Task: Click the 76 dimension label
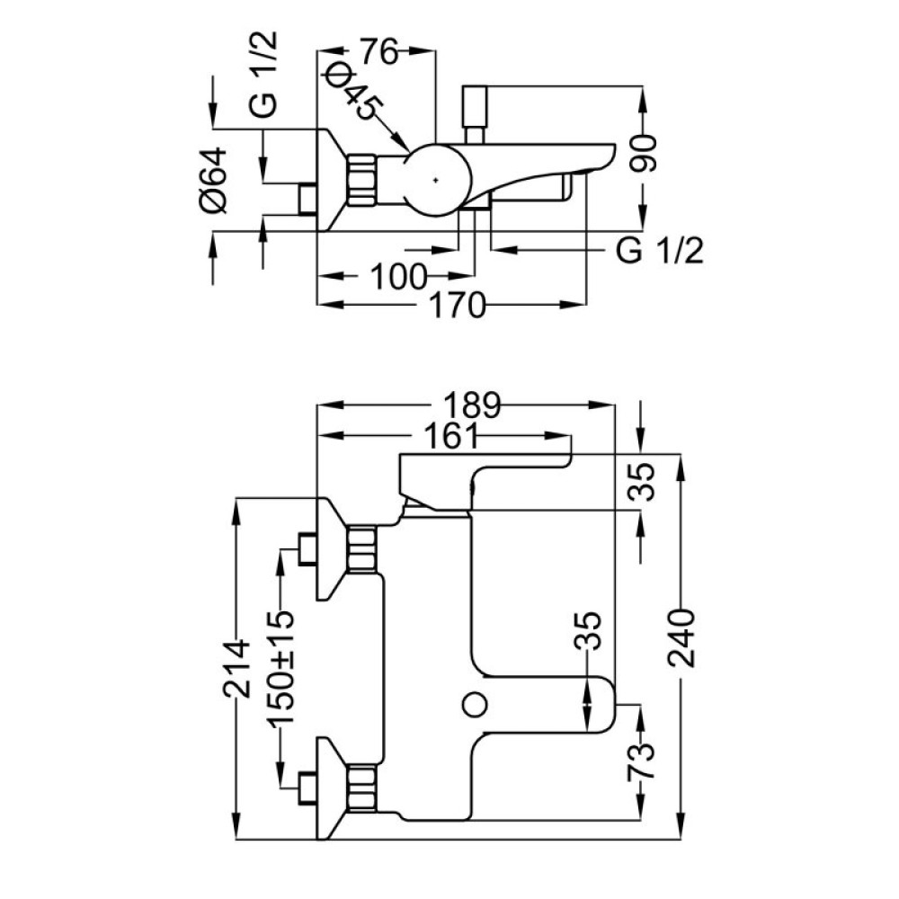click(x=378, y=52)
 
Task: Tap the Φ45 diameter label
click(x=352, y=89)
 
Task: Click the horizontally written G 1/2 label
click(x=659, y=251)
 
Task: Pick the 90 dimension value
click(x=643, y=153)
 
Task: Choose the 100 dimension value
click(x=398, y=277)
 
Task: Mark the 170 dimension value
click(x=457, y=305)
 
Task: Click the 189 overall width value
click(x=473, y=405)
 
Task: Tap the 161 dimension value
click(x=450, y=437)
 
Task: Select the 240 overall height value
click(x=681, y=638)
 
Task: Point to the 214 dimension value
click(x=237, y=669)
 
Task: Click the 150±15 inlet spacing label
click(x=280, y=670)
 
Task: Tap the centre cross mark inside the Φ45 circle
click(x=436, y=180)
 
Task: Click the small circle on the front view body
click(x=475, y=705)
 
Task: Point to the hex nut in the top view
click(x=361, y=180)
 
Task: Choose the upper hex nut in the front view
click(x=362, y=548)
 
